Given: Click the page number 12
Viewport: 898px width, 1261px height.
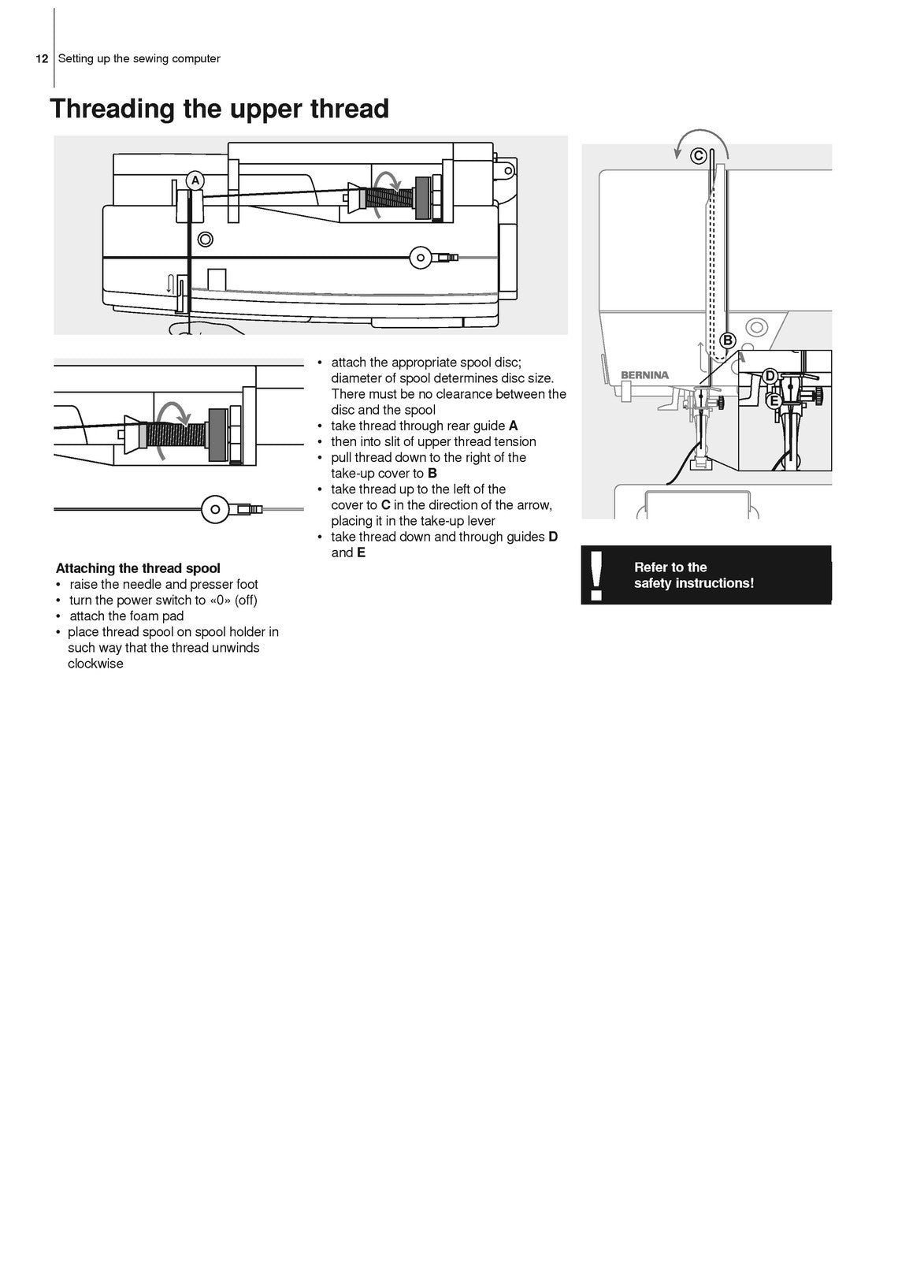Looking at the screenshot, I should point(42,59).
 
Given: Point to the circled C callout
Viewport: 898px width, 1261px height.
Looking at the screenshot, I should point(698,155).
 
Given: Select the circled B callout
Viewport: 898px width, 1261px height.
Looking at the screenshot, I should point(728,340).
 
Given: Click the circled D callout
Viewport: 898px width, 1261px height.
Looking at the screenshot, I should point(770,376).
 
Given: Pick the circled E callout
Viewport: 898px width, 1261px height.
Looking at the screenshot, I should point(774,400).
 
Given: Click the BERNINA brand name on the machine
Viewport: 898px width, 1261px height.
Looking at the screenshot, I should point(644,376).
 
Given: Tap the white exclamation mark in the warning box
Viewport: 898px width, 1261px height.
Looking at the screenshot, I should point(596,575).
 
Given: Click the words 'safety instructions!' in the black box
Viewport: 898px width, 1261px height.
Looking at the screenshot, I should point(693,583).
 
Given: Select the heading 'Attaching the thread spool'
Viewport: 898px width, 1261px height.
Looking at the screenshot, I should point(138,568).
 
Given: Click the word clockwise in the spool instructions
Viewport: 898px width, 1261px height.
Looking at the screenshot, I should point(95,664).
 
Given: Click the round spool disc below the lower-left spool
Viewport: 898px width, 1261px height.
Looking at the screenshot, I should point(215,509).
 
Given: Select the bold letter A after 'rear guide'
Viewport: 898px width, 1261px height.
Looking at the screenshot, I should point(514,426).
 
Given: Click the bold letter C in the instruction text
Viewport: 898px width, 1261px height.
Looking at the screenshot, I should point(386,505).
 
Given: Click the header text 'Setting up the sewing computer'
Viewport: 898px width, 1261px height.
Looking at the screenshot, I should point(139,59).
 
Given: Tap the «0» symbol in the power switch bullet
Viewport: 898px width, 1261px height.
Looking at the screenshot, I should point(220,600).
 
